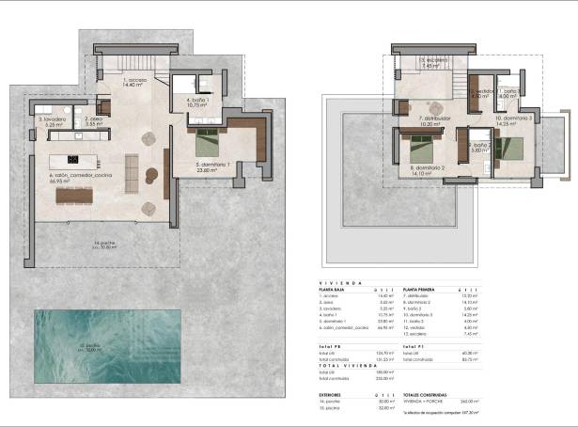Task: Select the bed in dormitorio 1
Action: tap(207, 143)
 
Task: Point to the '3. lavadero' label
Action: tap(53, 120)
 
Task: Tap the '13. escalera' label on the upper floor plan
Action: tap(432, 62)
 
